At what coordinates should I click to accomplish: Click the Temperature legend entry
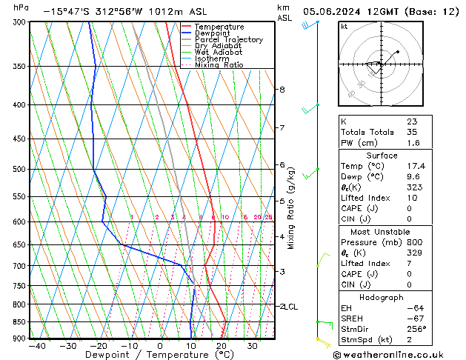pos(218,27)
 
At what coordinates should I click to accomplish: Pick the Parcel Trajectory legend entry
pos(228,40)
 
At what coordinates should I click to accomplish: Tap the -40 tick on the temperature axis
pos(36,346)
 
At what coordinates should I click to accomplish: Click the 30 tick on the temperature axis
pos(253,346)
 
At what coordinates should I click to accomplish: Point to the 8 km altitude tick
pos(282,90)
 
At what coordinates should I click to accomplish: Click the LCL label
pos(291,306)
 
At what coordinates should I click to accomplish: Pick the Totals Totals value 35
pos(412,132)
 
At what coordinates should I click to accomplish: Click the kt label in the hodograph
pos(344,26)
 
